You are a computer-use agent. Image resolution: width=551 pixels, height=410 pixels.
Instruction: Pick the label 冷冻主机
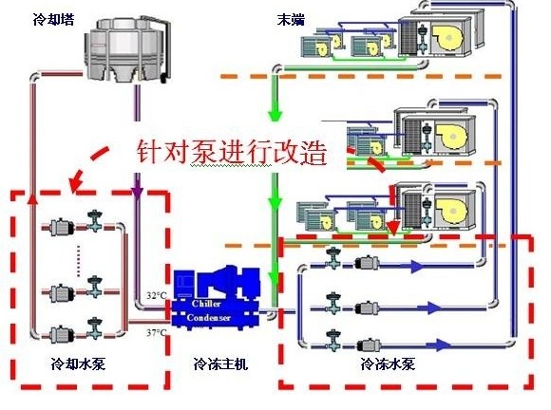pyautogui.click(x=220, y=363)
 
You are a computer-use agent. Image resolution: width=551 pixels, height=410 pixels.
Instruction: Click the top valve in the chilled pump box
pyautogui.click(x=333, y=257)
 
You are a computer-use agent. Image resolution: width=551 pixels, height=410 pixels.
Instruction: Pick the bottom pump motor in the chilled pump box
pyautogui.click(x=365, y=338)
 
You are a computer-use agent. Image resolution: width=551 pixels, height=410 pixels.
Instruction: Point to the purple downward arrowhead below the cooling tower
pyautogui.click(x=139, y=196)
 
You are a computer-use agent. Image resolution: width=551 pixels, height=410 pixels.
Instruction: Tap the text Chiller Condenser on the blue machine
pyautogui.click(x=213, y=309)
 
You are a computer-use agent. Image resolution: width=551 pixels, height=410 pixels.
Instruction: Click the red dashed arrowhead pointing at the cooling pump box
pyautogui.click(x=73, y=181)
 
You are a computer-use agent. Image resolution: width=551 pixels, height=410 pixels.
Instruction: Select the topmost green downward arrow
pyautogui.click(x=275, y=112)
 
